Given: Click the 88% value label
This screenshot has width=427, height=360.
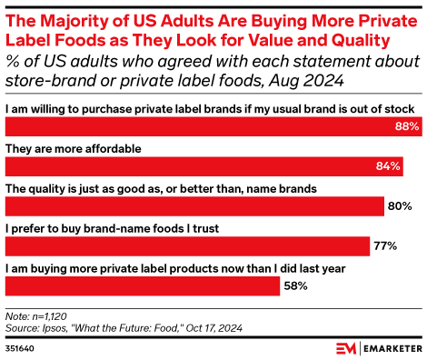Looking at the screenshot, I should pos(407,127).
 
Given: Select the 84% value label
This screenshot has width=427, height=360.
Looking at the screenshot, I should pos(389,166).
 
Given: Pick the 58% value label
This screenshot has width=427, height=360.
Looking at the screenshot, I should pos(295,285).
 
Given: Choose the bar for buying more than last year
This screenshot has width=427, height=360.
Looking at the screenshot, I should pos(142,285).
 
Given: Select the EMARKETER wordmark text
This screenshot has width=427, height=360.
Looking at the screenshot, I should pos(378,347).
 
